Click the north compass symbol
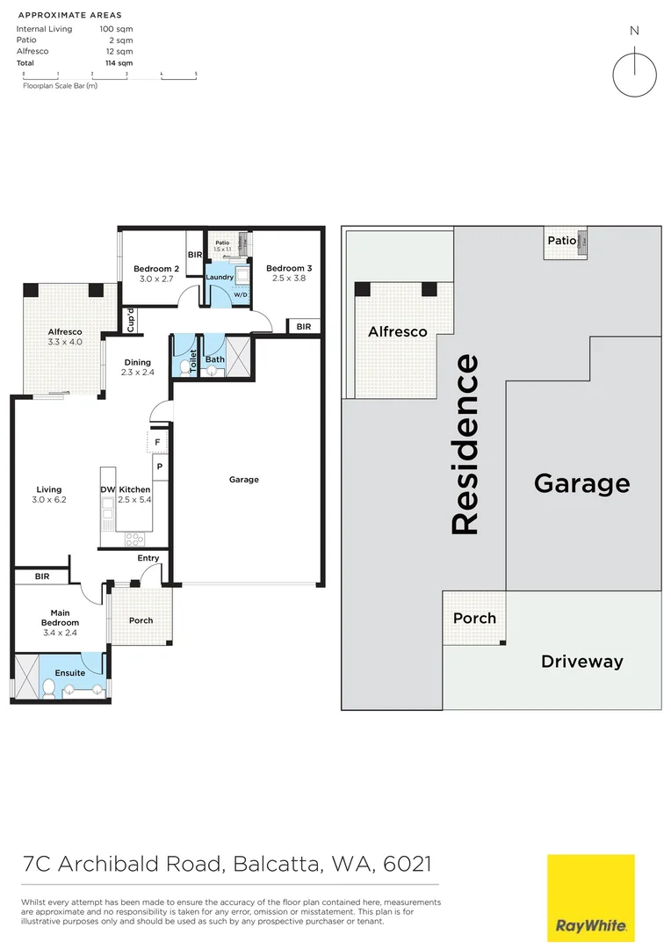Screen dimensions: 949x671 pyautogui.click(x=634, y=74)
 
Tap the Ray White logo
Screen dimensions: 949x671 pyautogui.click(x=590, y=896)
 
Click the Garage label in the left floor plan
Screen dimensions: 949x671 pyautogui.click(x=244, y=480)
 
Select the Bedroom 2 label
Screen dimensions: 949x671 pyautogui.click(x=156, y=269)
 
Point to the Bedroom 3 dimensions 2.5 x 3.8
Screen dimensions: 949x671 pyautogui.click(x=289, y=279)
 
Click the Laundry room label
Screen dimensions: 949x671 pyautogui.click(x=220, y=278)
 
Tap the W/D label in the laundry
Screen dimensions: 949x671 pyautogui.click(x=239, y=295)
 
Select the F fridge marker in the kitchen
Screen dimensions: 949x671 pyautogui.click(x=157, y=442)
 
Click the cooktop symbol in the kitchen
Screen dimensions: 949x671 pyautogui.click(x=134, y=539)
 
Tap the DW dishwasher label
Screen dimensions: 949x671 pyautogui.click(x=107, y=489)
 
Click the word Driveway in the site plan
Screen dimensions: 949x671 pyautogui.click(x=581, y=662)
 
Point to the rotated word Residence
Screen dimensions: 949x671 pyautogui.click(x=465, y=444)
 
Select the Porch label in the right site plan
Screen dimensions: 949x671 pyautogui.click(x=474, y=619)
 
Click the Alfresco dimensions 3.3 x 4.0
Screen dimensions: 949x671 pyautogui.click(x=65, y=342)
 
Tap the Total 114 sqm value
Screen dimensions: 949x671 pyautogui.click(x=119, y=63)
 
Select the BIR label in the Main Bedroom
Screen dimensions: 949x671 pyautogui.click(x=42, y=576)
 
